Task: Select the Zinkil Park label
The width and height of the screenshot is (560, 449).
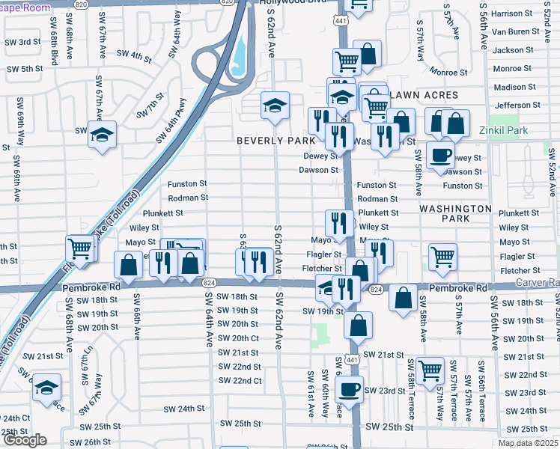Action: point(503,130)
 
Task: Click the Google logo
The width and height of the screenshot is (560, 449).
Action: point(24,440)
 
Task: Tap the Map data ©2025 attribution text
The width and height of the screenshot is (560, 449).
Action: point(528,443)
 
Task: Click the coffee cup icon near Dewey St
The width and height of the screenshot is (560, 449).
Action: point(440,155)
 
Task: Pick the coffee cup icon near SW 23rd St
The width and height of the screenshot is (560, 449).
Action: point(349,388)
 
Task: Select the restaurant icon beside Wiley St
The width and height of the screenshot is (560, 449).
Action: point(338,222)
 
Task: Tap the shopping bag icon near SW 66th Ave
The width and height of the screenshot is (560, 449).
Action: point(128,264)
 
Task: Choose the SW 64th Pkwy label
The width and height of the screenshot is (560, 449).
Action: point(171,120)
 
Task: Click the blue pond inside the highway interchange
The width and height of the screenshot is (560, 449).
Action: point(240,54)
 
